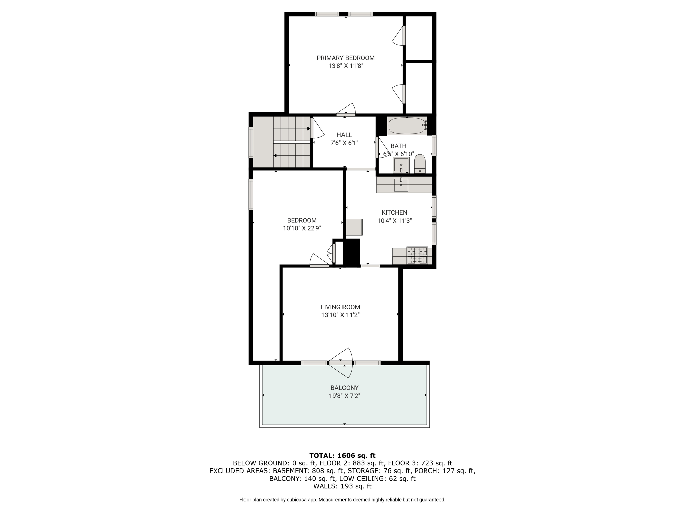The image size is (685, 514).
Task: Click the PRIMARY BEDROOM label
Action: pos(346,58)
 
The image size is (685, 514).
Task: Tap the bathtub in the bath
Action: pos(407,125)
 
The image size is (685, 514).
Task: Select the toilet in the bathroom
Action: pos(420,164)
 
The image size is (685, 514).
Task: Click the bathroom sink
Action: pos(401,165)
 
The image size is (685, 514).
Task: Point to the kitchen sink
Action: pos(401,185)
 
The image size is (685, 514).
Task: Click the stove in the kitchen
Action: pos(417,256)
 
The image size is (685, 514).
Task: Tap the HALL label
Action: pos(344,135)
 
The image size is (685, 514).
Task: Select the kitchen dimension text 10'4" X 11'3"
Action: pos(394,221)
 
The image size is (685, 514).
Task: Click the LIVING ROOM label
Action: pos(340,307)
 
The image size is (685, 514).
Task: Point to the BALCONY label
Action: pos(345,388)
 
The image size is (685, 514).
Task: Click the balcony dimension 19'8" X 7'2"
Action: pos(345,396)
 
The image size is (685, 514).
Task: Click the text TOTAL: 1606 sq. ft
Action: pos(342,455)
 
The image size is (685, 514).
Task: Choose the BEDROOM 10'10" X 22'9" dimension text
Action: pos(302,228)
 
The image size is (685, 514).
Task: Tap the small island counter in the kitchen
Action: pos(354,227)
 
